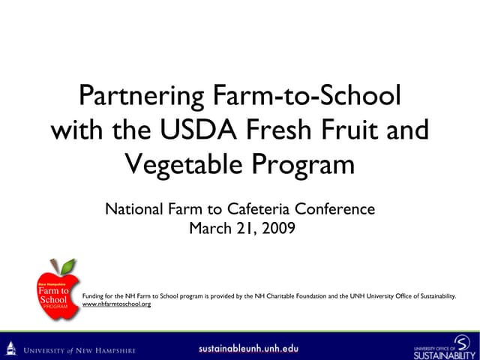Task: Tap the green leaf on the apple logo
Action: (67, 266)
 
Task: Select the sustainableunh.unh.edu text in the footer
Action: (248, 348)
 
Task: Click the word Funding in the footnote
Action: (91, 296)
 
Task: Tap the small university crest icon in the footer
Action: (10, 348)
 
